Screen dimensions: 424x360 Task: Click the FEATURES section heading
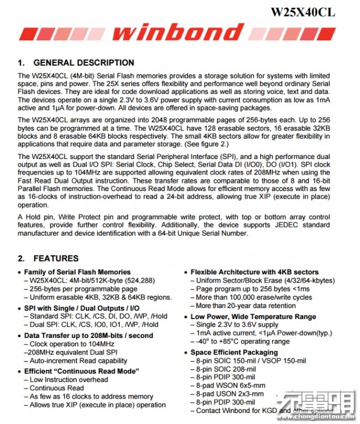[x=56, y=258]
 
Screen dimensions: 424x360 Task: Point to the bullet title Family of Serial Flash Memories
[x=77, y=272]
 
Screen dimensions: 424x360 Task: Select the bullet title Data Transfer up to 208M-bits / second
[x=89, y=335]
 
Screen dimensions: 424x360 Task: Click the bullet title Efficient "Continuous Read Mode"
[x=82, y=371]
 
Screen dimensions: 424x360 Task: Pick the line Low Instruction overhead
[x=69, y=379]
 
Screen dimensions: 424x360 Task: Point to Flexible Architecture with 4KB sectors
[x=255, y=272]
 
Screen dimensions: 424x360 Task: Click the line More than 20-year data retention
[x=246, y=305]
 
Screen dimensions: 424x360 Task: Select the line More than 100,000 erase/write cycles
[x=255, y=297]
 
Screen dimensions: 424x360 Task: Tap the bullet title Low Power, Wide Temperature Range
[x=253, y=316]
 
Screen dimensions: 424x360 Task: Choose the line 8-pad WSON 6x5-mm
[x=230, y=385]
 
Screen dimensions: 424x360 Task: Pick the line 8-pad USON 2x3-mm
[x=230, y=394]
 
